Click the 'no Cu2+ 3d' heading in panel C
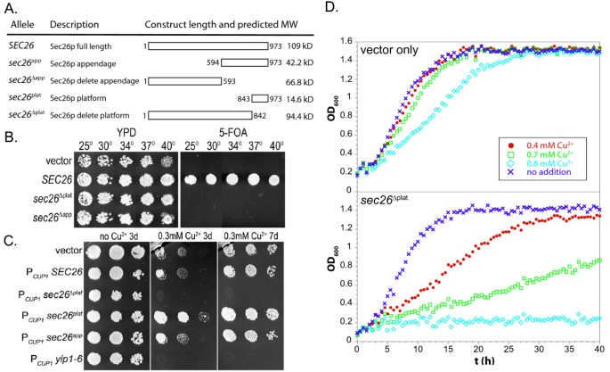coord(116,239)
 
